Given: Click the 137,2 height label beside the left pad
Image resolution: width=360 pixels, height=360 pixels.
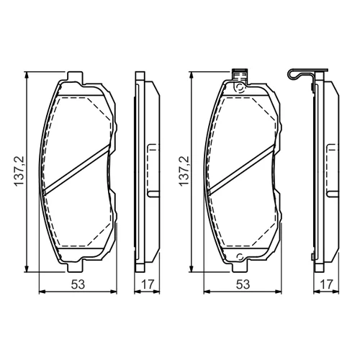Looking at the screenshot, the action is pyautogui.click(x=19, y=171).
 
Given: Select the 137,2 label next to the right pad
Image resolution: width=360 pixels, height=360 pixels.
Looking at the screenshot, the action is pyautogui.click(x=184, y=171).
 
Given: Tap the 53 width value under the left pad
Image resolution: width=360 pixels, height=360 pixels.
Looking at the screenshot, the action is pyautogui.click(x=78, y=284).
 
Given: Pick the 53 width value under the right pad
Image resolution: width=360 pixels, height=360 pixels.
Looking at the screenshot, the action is pyautogui.click(x=243, y=284).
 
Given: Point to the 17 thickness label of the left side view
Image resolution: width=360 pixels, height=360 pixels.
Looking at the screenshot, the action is pyautogui.click(x=147, y=284).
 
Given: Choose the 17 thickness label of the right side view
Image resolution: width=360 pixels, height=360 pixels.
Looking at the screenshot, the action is pyautogui.click(x=327, y=284).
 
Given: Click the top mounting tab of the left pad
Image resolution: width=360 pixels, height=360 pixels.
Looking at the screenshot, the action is pyautogui.click(x=75, y=77).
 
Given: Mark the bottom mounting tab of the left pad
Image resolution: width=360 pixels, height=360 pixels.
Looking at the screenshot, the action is pyautogui.click(x=75, y=266).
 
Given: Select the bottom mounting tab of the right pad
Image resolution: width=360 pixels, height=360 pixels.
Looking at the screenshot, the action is pyautogui.click(x=240, y=266).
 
